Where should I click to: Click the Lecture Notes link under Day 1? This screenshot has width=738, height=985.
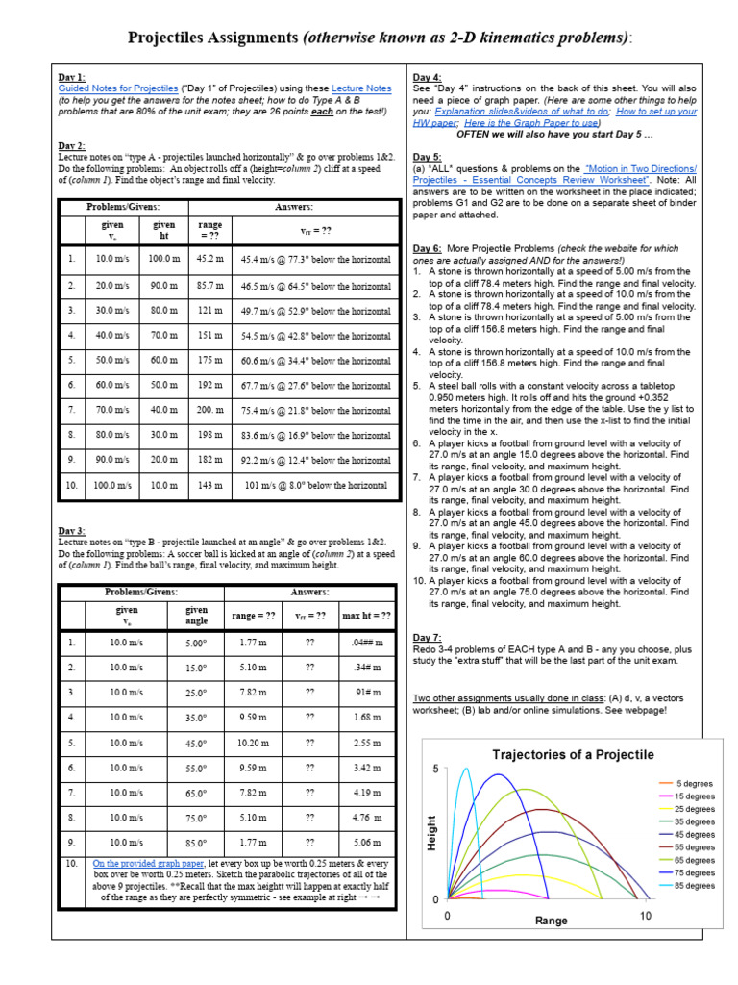[x=361, y=88]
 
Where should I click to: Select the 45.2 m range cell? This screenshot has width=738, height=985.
[x=210, y=260]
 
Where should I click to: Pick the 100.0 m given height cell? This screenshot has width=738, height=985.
[x=163, y=260]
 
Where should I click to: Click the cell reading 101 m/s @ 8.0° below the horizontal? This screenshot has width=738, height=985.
[x=315, y=486]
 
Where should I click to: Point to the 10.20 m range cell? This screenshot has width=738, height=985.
[x=253, y=743]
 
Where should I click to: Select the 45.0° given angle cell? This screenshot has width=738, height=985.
[x=196, y=744]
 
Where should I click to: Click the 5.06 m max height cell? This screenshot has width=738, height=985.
[x=367, y=843]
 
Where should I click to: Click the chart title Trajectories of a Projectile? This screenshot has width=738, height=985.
[x=573, y=754]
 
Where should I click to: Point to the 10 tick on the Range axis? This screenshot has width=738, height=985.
[x=647, y=917]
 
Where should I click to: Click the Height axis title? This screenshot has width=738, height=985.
[x=431, y=831]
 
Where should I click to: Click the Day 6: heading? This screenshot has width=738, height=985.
[x=428, y=248]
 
